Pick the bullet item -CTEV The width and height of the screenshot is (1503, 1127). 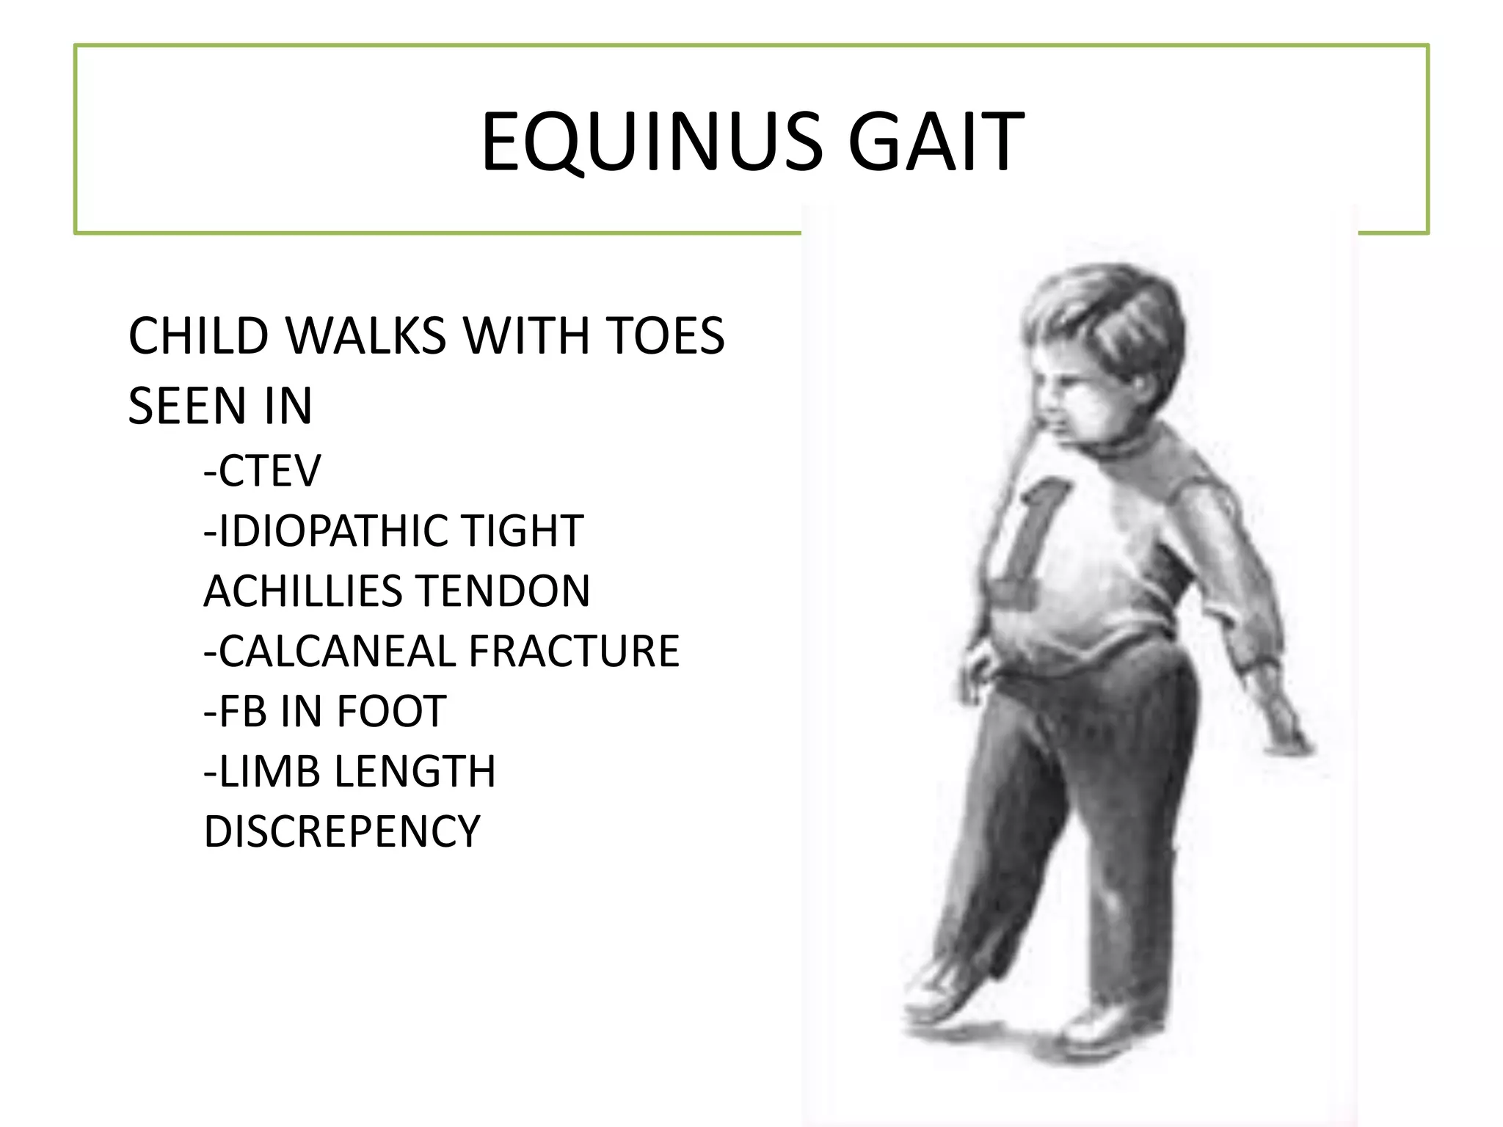click(262, 470)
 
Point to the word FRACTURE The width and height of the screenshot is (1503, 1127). click(574, 651)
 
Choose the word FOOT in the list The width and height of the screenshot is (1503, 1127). click(391, 711)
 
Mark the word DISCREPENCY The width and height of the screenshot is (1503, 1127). click(342, 831)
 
